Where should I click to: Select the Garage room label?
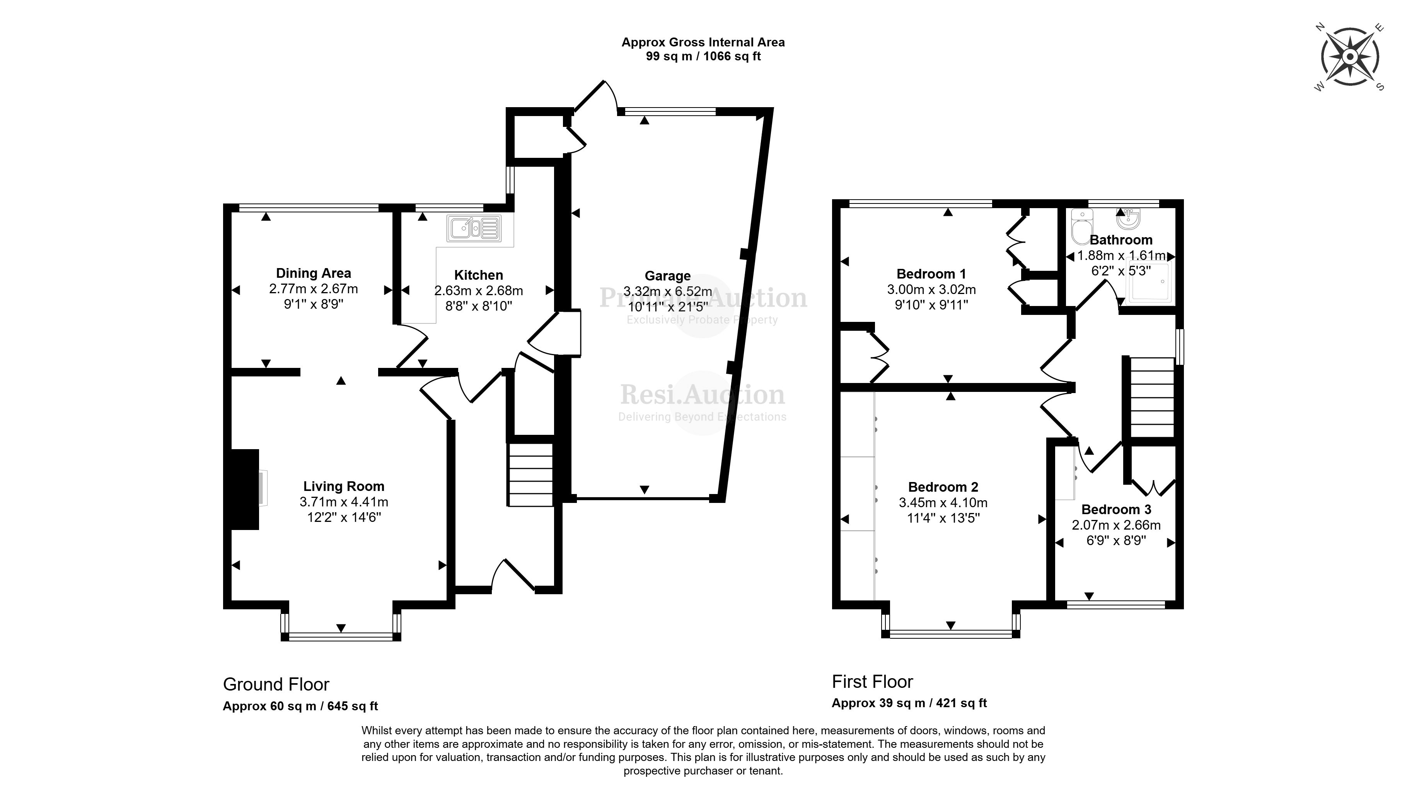click(x=667, y=276)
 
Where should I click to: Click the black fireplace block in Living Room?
click(x=244, y=489)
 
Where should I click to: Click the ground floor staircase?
click(x=531, y=474)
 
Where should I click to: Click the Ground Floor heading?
click(x=276, y=684)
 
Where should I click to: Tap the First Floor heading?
click(x=872, y=681)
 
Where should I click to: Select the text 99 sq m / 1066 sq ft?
click(x=703, y=56)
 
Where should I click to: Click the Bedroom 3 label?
click(x=1116, y=509)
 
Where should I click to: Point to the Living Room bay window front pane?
click(x=341, y=636)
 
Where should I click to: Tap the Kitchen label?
click(x=478, y=275)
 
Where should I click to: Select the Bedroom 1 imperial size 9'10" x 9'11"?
click(x=931, y=305)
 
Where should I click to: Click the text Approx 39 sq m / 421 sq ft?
click(x=909, y=703)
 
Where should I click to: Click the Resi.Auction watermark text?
click(x=703, y=395)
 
